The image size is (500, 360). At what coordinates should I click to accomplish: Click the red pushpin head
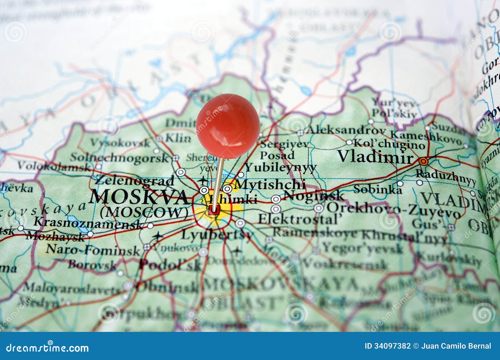pyautogui.click(x=228, y=126)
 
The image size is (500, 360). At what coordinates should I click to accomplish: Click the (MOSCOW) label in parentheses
pyautogui.click(x=144, y=213)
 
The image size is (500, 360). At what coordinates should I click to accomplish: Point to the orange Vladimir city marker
pyautogui.click(x=423, y=161)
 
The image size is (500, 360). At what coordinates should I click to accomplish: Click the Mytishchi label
pyautogui.click(x=269, y=185)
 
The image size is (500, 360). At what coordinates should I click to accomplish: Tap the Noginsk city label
pyautogui.click(x=314, y=196)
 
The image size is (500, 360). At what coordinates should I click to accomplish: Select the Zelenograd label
pyautogui.click(x=134, y=180)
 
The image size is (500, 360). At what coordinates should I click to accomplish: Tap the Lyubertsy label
pyautogui.click(x=217, y=235)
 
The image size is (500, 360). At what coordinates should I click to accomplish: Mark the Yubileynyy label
pyautogui.click(x=281, y=168)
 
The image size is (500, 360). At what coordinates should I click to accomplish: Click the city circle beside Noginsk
pyautogui.click(x=276, y=199)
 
